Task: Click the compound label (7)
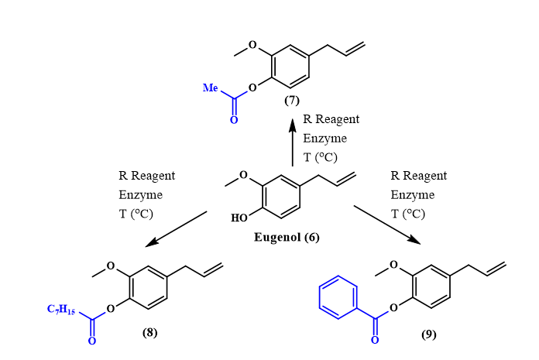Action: click(x=292, y=100)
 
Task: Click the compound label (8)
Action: click(x=150, y=333)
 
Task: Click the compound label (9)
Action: click(x=428, y=334)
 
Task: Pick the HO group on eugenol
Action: click(x=240, y=218)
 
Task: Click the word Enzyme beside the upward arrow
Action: click(x=324, y=139)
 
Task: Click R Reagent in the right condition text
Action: click(x=419, y=177)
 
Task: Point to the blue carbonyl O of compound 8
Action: click(x=92, y=341)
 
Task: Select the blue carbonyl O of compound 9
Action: click(x=376, y=339)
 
